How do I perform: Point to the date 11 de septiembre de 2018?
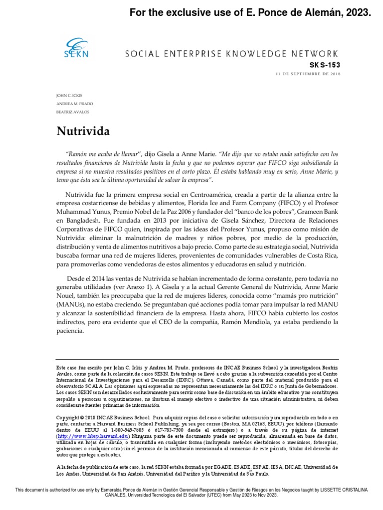[x=307, y=74]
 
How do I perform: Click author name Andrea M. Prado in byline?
[x=74, y=103]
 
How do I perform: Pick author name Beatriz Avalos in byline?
[x=72, y=112]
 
